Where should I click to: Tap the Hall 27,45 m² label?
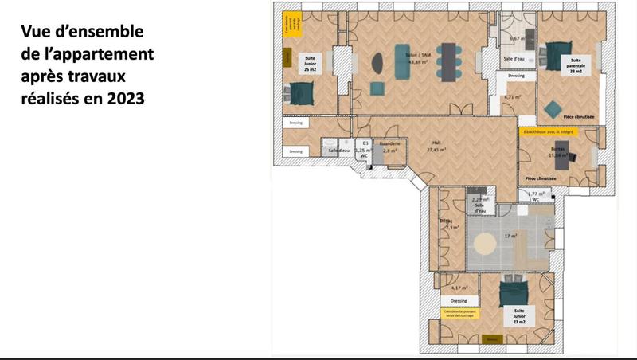click(x=435, y=146)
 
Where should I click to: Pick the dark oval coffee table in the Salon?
click(x=377, y=61)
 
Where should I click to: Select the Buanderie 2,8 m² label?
click(x=389, y=147)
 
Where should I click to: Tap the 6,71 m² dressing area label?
click(x=513, y=97)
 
